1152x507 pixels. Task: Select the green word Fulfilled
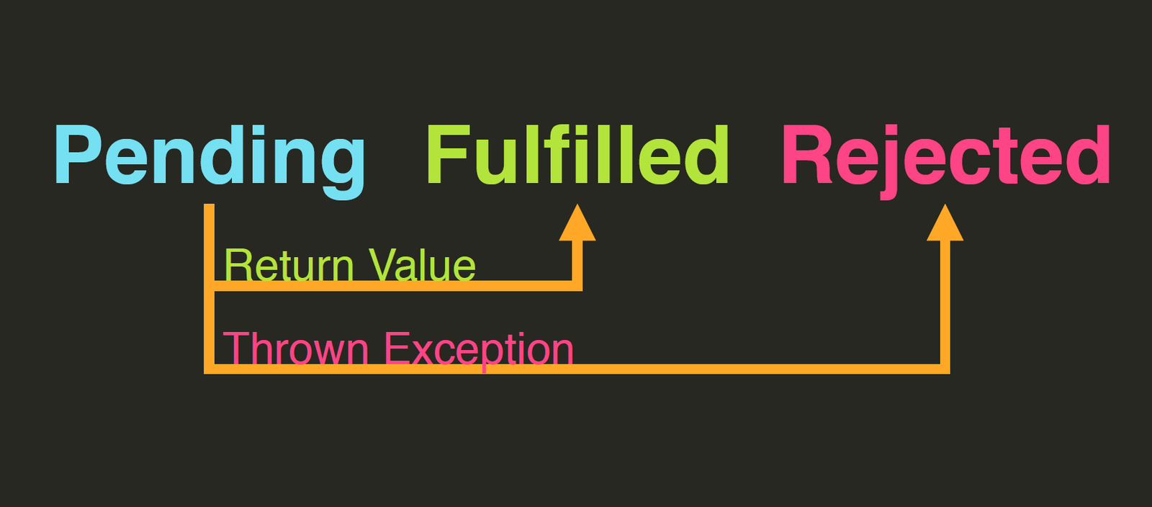pyautogui.click(x=578, y=156)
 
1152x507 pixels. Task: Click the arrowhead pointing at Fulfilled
pyautogui.click(x=577, y=223)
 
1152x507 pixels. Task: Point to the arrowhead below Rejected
pyautogui.click(x=945, y=223)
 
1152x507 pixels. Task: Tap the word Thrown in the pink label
pyautogui.click(x=296, y=349)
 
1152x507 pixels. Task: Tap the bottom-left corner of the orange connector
pyautogui.click(x=210, y=369)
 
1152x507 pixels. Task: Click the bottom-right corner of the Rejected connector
pyautogui.click(x=945, y=369)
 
